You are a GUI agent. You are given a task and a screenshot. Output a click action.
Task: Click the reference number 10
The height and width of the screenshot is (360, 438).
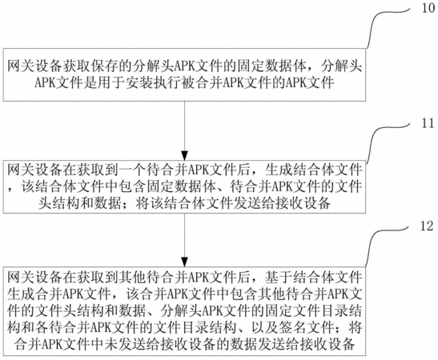click(428, 7)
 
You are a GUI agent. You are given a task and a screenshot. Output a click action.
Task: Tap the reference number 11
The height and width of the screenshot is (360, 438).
click(428, 122)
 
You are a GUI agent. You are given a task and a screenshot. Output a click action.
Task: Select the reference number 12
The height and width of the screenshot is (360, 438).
click(427, 226)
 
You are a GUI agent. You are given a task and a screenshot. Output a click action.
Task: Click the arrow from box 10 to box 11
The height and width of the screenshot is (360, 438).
click(184, 130)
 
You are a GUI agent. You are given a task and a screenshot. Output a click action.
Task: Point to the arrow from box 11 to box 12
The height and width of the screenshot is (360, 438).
click(184, 240)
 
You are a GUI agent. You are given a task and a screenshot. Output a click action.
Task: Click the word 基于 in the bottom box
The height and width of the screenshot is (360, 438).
click(278, 277)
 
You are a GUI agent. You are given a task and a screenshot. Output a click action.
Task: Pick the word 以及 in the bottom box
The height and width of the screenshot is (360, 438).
click(264, 327)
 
